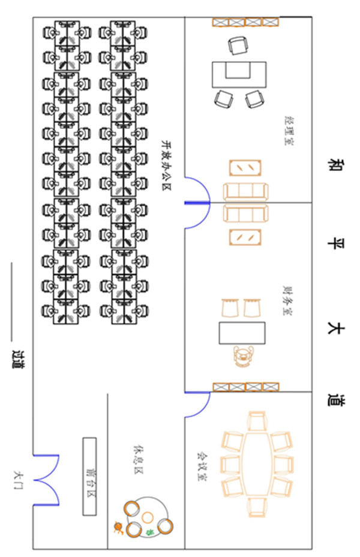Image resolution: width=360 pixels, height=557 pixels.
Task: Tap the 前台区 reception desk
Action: click(89, 476)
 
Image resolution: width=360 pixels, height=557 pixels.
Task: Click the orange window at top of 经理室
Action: click(245, 22)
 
